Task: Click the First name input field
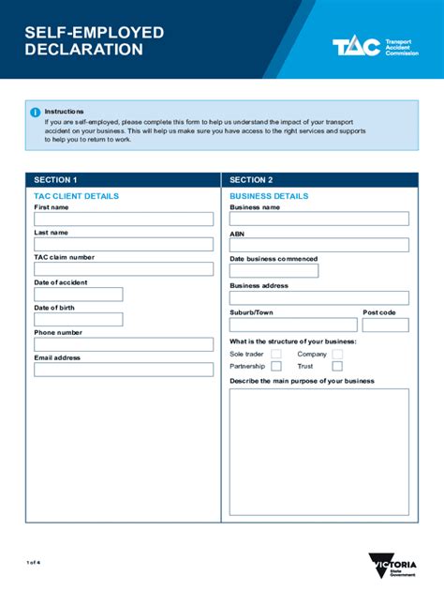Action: click(124, 220)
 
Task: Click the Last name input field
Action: click(124, 244)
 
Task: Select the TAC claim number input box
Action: click(124, 269)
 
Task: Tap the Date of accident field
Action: click(79, 295)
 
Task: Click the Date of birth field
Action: click(79, 319)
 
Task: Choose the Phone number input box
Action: click(124, 344)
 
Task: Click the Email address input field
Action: click(124, 370)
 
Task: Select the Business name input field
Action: click(318, 219)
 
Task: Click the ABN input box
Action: click(318, 245)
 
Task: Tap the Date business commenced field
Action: click(274, 271)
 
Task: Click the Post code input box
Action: click(385, 325)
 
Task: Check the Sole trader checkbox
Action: click(276, 355)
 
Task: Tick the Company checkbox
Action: click(337, 355)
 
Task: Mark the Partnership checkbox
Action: click(276, 367)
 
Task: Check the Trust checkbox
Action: click(337, 367)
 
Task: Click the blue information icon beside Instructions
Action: click(36, 112)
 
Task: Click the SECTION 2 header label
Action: click(251, 180)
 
